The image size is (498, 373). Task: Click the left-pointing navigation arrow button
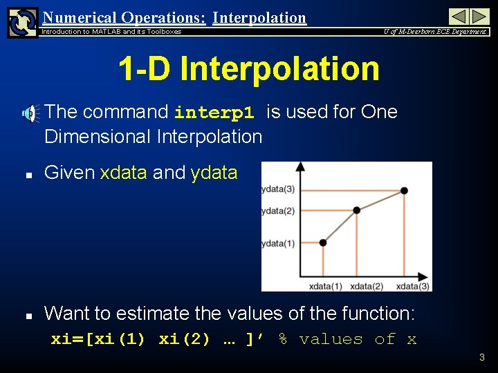coord(459,17)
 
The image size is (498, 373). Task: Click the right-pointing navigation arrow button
coord(480,17)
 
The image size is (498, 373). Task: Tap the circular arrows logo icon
coord(22,21)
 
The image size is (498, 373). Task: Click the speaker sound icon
coord(30,114)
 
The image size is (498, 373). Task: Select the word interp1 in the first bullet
coord(214,113)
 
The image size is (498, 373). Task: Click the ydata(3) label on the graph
coord(278,190)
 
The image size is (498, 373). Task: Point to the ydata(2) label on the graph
coord(278,211)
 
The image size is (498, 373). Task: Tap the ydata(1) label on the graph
coord(278,243)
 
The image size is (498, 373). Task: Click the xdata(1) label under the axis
coord(326,286)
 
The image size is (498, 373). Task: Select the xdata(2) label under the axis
coord(367,286)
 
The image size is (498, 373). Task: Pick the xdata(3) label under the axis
coord(413,286)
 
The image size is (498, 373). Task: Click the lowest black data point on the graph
coord(323,242)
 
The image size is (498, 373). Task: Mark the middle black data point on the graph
coord(356,210)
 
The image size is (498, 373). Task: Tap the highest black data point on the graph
coord(404,191)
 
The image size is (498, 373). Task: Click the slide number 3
coord(482,357)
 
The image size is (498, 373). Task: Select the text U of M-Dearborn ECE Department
coord(435,32)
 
